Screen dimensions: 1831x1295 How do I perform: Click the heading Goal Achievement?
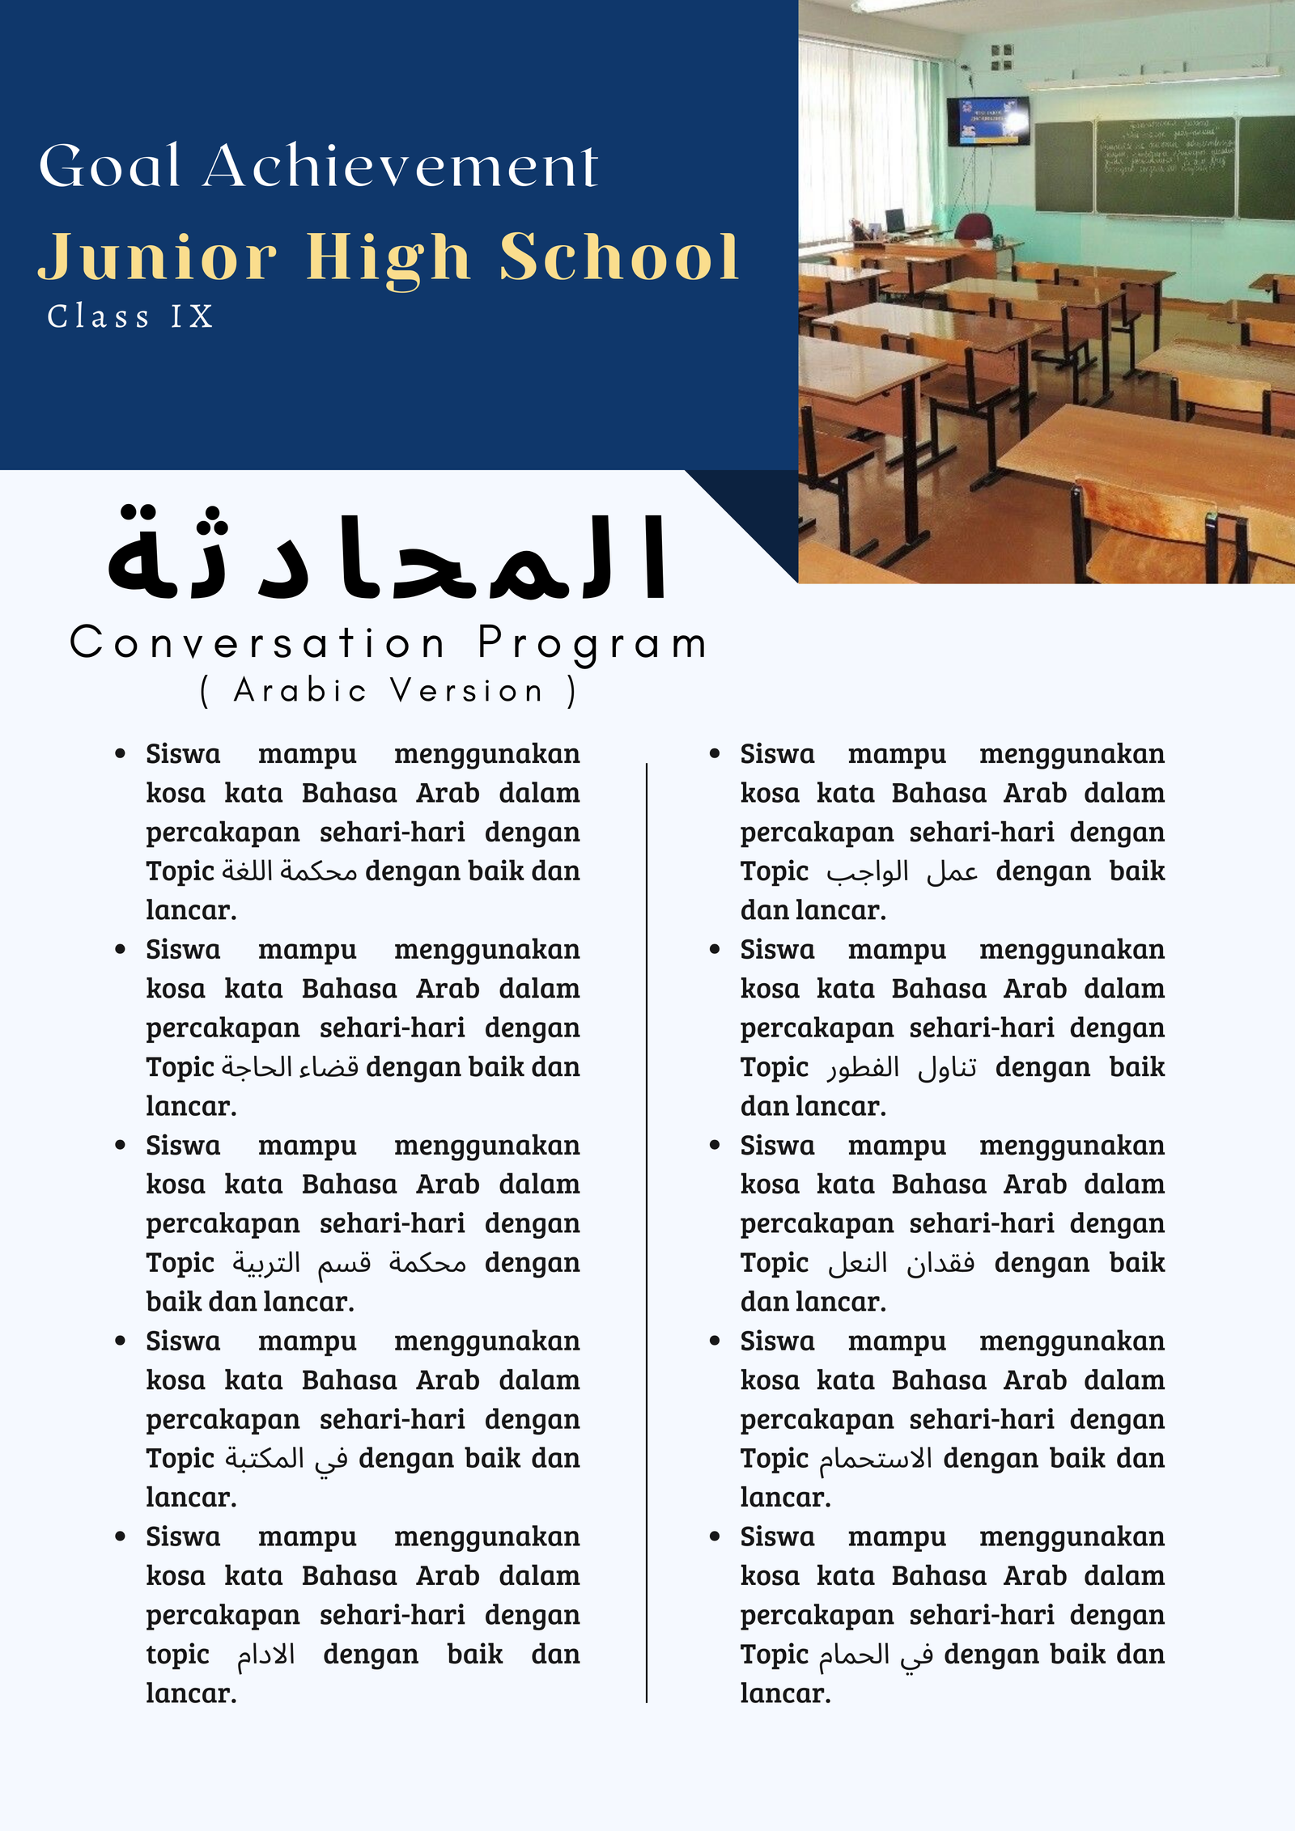(318, 166)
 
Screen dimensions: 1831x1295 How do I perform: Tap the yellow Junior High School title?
(388, 256)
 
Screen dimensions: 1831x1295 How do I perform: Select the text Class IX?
(130, 316)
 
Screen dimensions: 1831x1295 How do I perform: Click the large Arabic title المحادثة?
(387, 556)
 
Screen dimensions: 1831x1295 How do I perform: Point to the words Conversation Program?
(388, 644)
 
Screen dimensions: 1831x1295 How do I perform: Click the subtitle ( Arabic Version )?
(388, 691)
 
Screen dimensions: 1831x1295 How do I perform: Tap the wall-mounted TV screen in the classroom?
(988, 120)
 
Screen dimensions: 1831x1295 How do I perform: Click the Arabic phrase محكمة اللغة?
(290, 871)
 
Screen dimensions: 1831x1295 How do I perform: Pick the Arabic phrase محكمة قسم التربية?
(349, 1263)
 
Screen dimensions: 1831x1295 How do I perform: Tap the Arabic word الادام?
(265, 1655)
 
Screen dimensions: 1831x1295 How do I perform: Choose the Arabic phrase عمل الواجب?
(902, 871)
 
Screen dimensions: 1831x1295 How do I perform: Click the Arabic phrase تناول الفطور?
(902, 1067)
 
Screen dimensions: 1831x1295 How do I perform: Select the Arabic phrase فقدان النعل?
(901, 1263)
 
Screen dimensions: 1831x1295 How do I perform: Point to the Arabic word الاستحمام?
(876, 1459)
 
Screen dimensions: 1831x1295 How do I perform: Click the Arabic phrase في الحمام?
(876, 1655)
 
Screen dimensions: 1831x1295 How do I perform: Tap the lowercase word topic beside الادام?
(177, 1655)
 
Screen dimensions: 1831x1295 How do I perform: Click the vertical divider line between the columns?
(647, 1214)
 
